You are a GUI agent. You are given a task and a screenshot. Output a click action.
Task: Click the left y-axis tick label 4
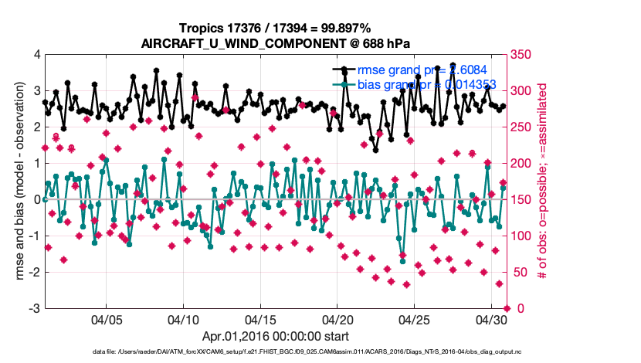(36, 55)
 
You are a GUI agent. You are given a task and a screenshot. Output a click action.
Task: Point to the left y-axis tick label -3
(33, 309)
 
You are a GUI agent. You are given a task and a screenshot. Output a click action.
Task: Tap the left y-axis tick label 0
(36, 199)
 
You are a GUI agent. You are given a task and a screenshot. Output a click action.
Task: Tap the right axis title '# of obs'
(544, 181)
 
